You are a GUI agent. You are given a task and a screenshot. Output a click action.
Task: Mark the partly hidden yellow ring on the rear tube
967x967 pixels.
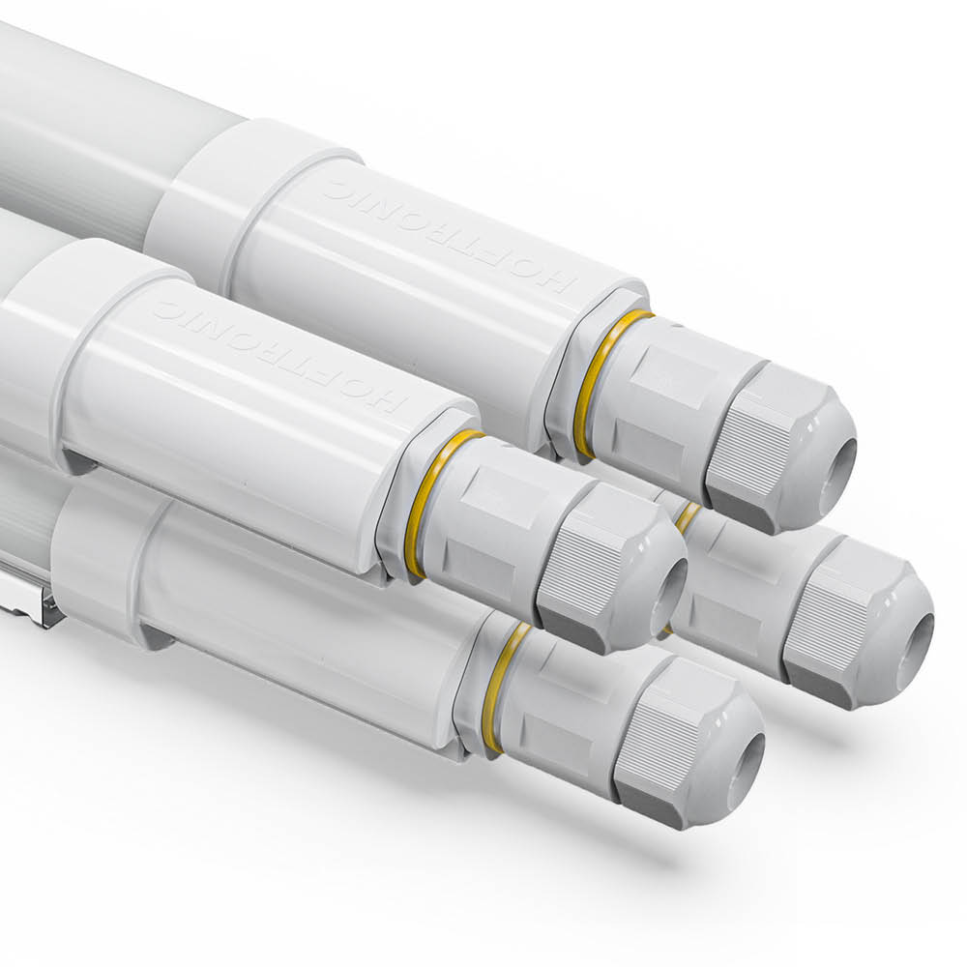(688, 516)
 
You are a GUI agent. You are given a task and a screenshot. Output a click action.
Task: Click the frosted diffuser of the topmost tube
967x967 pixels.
(77, 126)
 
